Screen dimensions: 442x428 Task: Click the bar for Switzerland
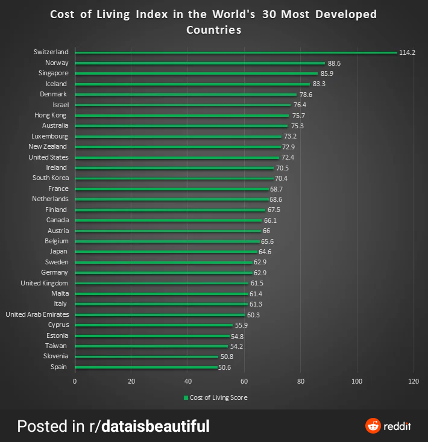pyautogui.click(x=235, y=53)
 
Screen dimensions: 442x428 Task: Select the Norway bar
pyautogui.click(x=200, y=63)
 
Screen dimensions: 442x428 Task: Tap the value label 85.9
pyautogui.click(x=327, y=73)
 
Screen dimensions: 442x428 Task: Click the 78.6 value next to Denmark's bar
pyautogui.click(x=306, y=95)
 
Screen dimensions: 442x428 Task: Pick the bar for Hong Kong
pyautogui.click(x=181, y=116)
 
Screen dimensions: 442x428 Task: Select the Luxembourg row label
pyautogui.click(x=49, y=136)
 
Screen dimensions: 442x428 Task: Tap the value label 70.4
pyautogui.click(x=281, y=178)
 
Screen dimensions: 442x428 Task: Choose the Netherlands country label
pyautogui.click(x=51, y=199)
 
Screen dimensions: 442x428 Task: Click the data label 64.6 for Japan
pyautogui.click(x=265, y=252)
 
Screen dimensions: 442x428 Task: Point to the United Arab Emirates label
pyautogui.click(x=37, y=314)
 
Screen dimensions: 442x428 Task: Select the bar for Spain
pyautogui.click(x=146, y=367)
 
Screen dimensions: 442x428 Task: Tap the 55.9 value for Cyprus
pyautogui.click(x=241, y=325)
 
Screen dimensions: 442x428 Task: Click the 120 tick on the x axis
pyautogui.click(x=414, y=381)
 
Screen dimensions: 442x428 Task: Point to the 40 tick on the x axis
pyautogui.click(x=188, y=381)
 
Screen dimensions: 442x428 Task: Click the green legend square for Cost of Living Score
pyautogui.click(x=186, y=397)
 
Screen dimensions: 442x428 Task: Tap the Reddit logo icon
pyautogui.click(x=373, y=426)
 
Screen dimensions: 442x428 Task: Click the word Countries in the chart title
pyautogui.click(x=213, y=30)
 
